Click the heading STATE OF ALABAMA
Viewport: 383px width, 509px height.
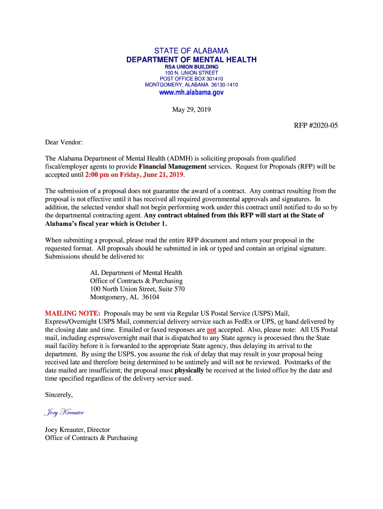191,51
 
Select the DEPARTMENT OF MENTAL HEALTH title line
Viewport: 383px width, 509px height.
191,60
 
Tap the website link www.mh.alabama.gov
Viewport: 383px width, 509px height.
191,92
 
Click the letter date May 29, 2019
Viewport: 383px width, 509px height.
191,109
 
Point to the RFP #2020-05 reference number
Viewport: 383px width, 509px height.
316,125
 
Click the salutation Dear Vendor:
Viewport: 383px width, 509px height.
64,142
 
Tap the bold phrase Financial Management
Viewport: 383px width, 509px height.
172,167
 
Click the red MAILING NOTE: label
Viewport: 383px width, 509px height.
73,314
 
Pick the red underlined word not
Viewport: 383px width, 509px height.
211,330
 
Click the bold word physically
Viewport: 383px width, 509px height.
189,370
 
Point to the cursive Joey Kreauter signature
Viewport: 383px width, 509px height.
64,413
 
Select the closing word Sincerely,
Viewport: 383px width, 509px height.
59,395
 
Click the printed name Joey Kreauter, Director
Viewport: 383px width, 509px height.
78,429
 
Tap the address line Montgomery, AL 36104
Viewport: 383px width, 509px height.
124,297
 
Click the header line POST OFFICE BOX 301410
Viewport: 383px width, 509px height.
191,79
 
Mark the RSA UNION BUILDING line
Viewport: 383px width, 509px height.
191,67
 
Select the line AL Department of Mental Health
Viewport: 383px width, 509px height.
136,272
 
